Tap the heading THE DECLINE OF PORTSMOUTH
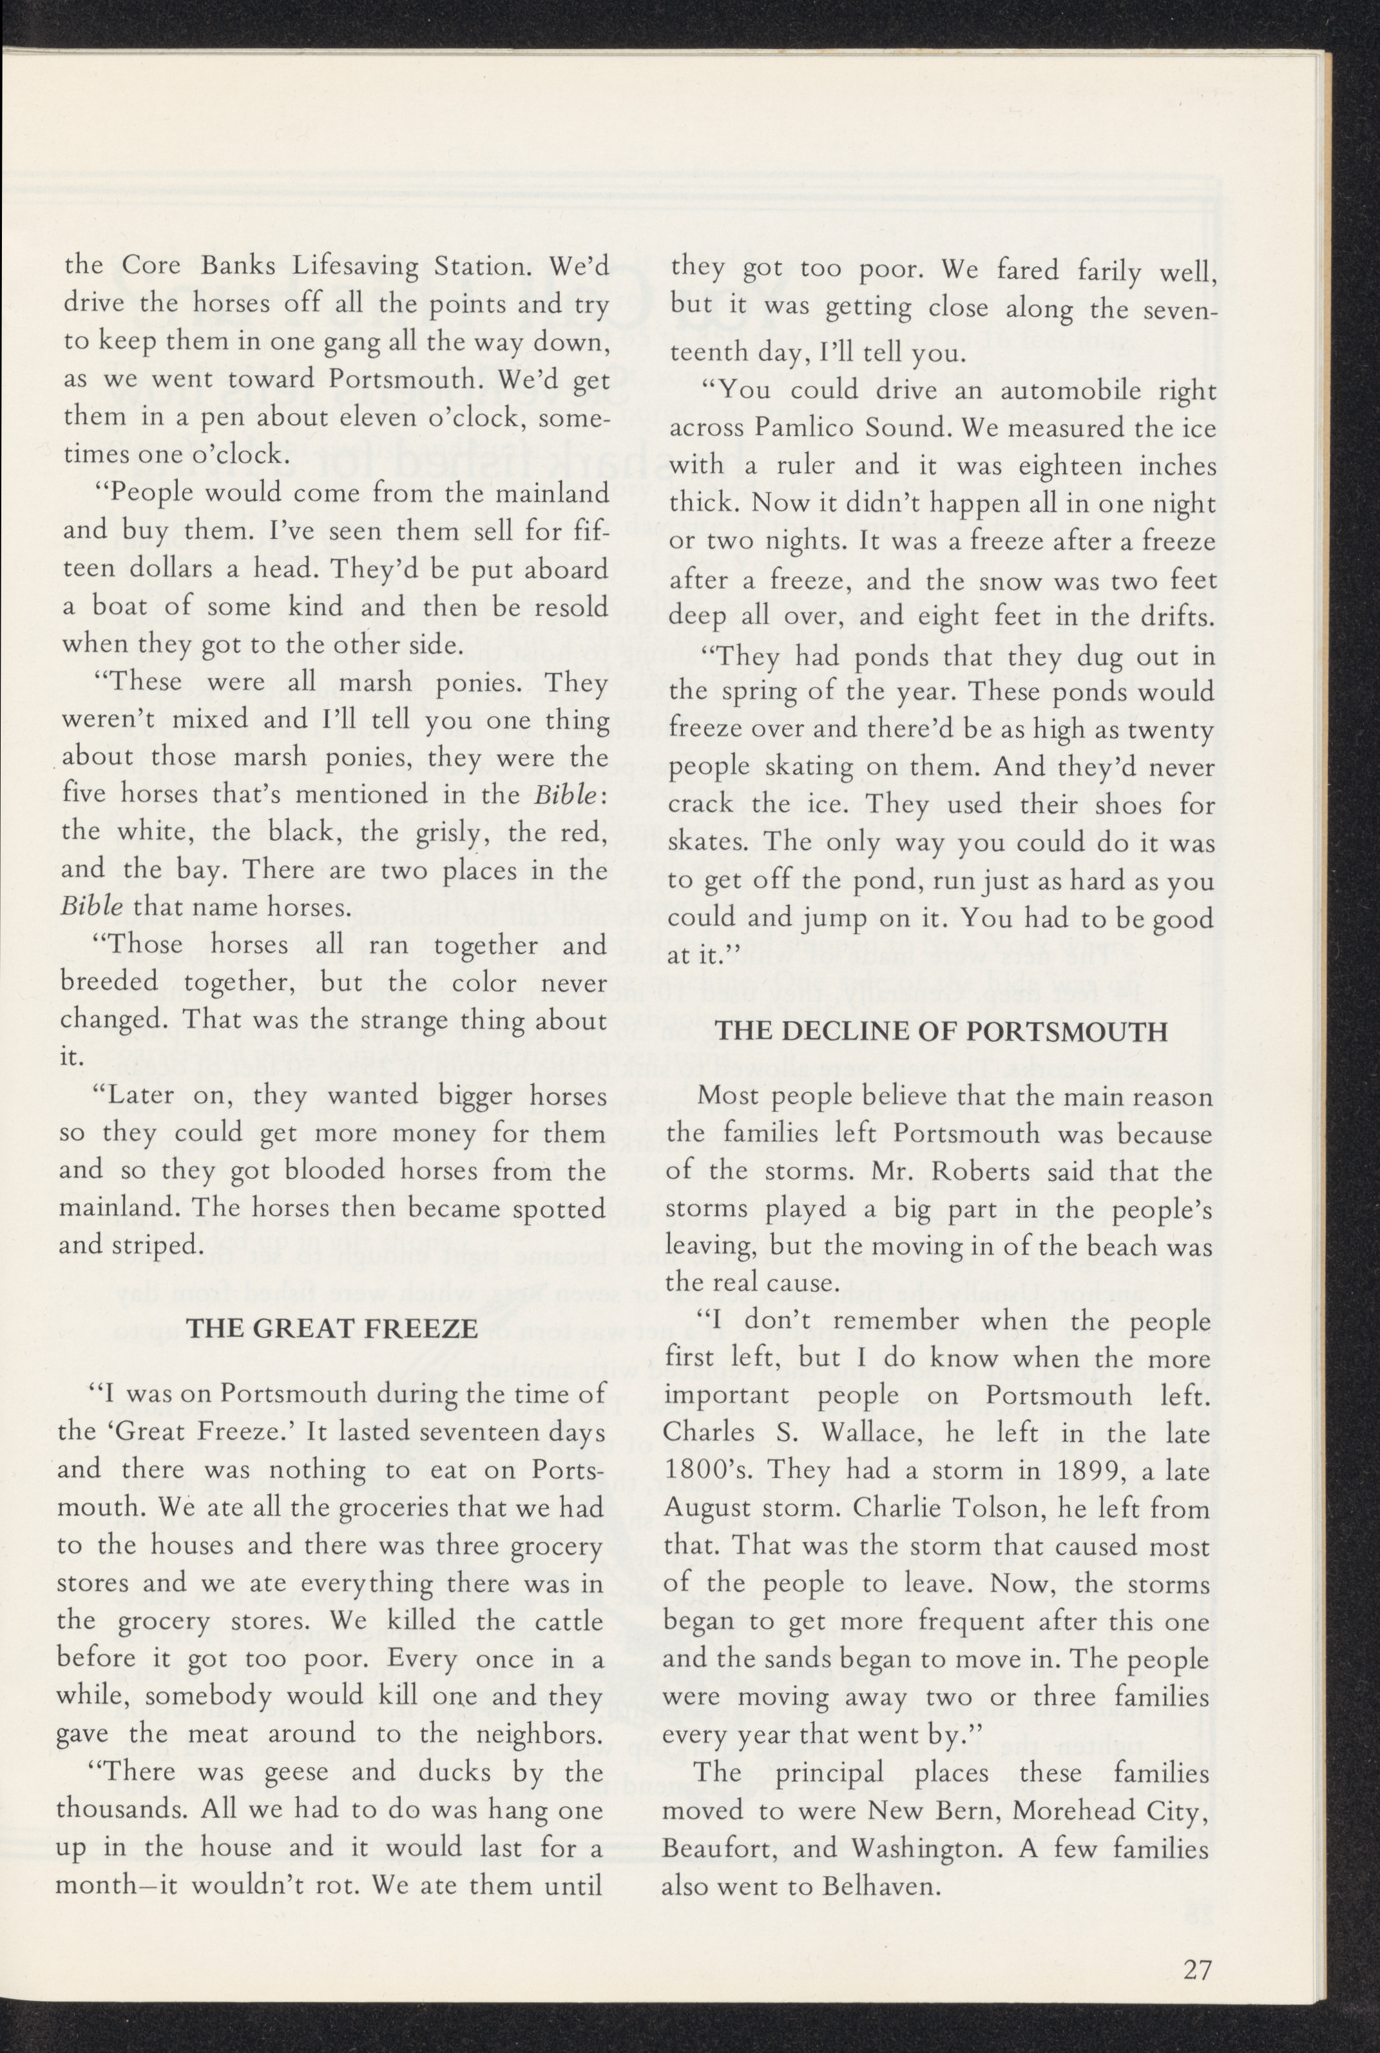942,1031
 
